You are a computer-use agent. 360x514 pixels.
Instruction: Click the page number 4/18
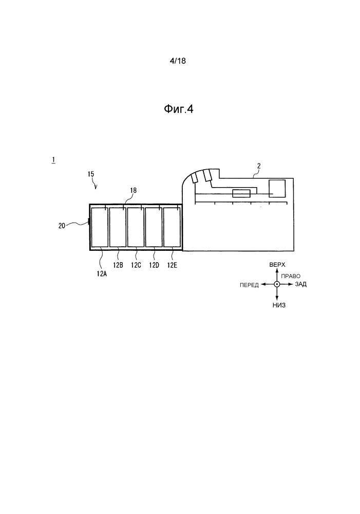click(x=178, y=61)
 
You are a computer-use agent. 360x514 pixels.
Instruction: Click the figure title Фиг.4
click(x=179, y=109)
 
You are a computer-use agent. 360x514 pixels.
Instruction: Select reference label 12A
click(x=102, y=274)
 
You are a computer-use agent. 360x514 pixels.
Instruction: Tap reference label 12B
click(x=118, y=265)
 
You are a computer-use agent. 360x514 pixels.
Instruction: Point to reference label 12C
click(x=136, y=265)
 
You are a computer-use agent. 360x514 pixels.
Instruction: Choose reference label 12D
click(x=154, y=265)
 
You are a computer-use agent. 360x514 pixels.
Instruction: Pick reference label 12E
click(x=172, y=265)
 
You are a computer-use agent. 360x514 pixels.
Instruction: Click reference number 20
click(x=62, y=226)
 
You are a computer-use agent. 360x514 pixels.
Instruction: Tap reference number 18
click(x=133, y=191)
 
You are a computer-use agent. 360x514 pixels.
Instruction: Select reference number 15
click(x=91, y=174)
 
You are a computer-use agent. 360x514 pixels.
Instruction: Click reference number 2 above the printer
click(x=259, y=166)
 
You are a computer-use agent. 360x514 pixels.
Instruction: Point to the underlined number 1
click(x=53, y=160)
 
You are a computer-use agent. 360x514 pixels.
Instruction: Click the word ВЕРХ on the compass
click(x=277, y=265)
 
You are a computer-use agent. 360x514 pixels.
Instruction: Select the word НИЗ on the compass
click(x=279, y=305)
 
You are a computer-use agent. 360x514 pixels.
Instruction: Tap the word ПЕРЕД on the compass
click(x=249, y=285)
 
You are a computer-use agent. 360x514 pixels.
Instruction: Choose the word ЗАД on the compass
click(x=301, y=284)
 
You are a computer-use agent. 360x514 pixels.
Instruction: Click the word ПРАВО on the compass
click(x=291, y=277)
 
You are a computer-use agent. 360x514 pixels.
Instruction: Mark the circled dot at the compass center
click(x=277, y=284)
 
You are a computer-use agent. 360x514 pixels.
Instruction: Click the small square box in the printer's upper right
click(x=277, y=189)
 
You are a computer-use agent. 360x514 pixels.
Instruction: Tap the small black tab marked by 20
click(x=89, y=222)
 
